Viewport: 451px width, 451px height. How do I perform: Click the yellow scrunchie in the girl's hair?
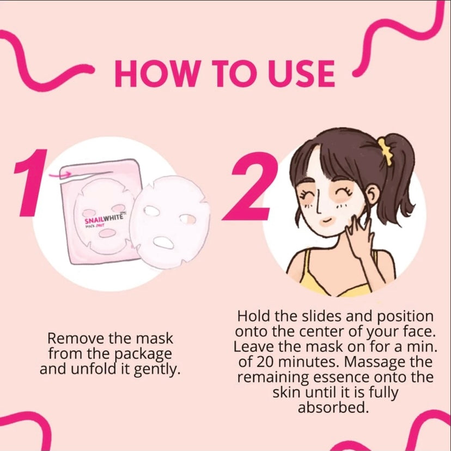tap(386, 146)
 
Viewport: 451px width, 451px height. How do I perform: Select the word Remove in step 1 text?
tap(71, 338)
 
